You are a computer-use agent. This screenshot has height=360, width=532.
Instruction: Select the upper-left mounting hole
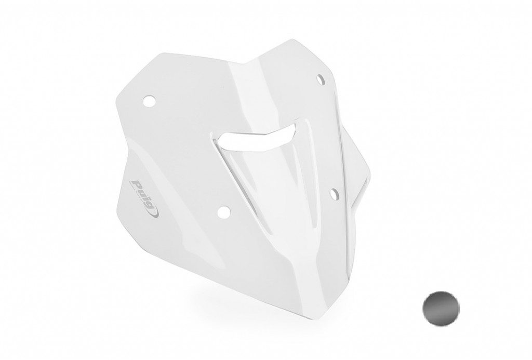[149, 101]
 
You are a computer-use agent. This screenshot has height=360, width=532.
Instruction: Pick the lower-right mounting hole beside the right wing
[334, 193]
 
